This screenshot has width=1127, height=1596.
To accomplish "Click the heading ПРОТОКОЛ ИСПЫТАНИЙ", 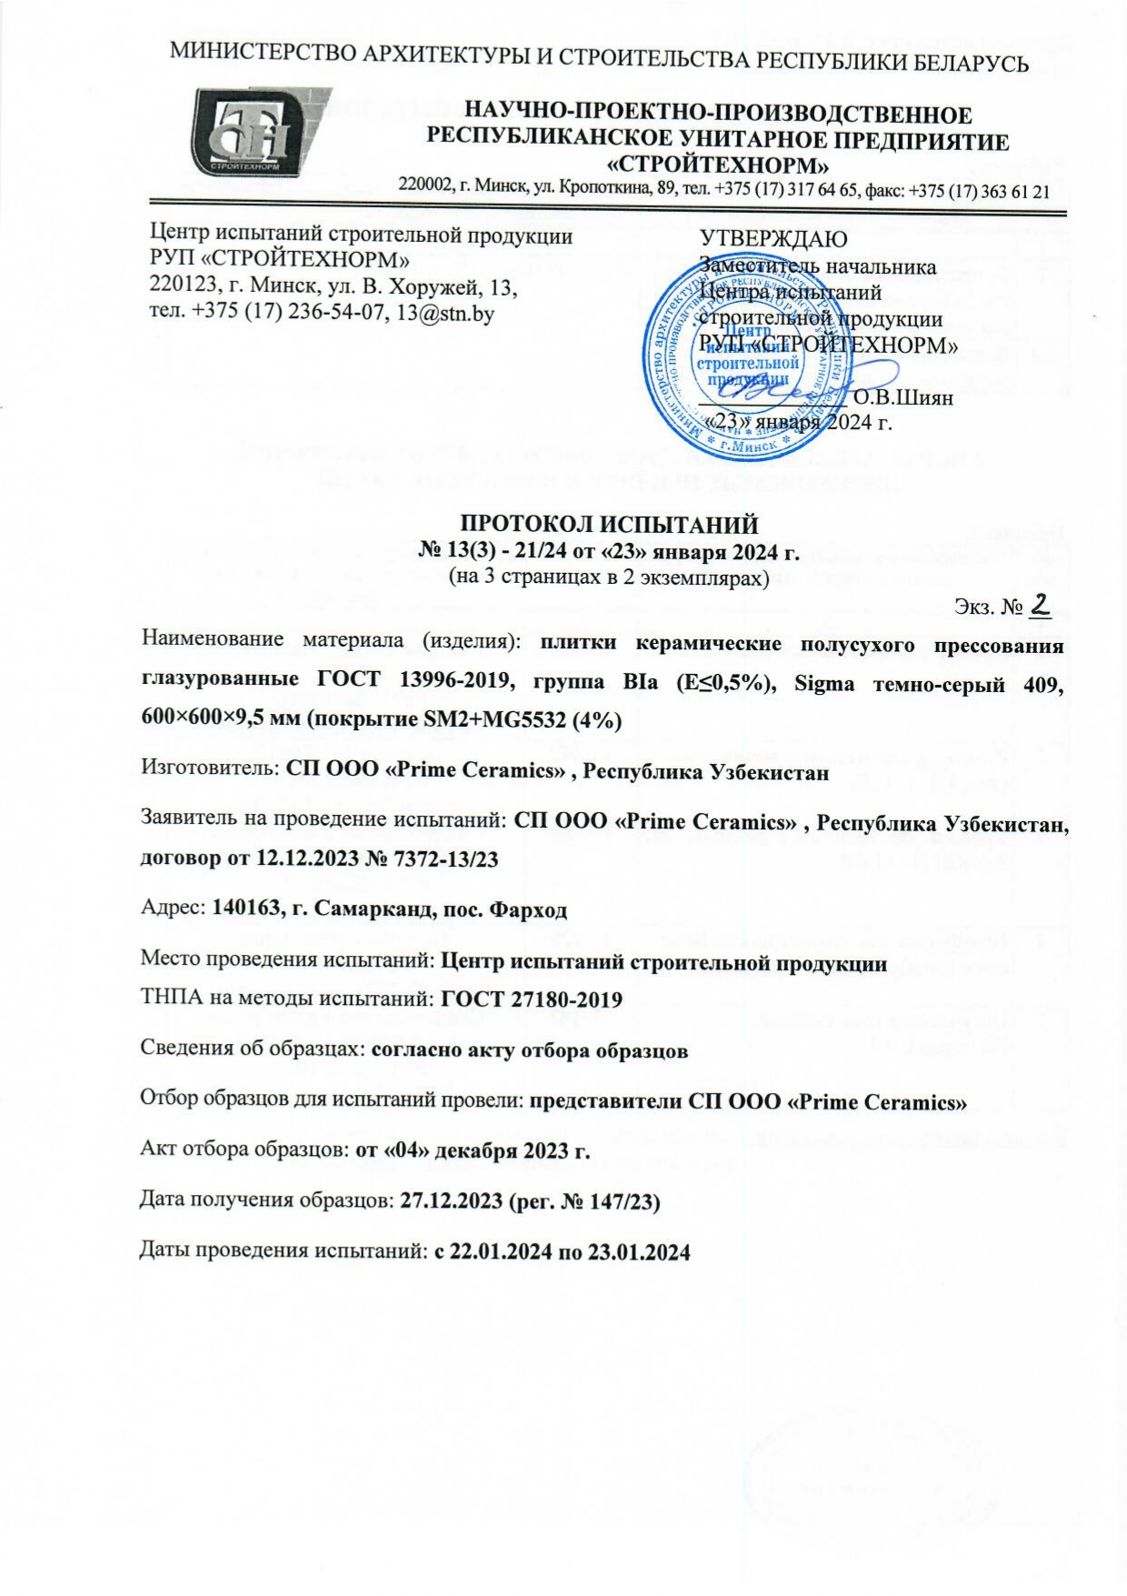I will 608,525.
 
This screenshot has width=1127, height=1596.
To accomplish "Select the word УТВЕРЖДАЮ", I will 773,239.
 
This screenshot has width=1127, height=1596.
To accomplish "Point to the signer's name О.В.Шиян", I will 903,396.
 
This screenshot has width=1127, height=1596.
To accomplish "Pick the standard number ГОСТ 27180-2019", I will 531,1000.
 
